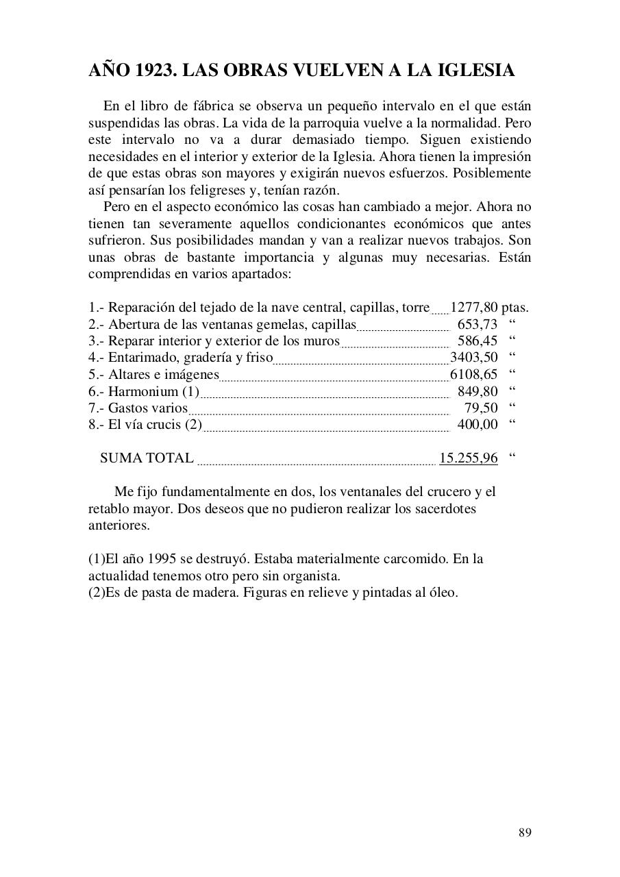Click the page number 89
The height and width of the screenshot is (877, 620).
tap(525, 832)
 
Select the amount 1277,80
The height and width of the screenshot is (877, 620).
tap(473, 308)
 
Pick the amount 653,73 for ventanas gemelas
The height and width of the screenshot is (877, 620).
tap(477, 324)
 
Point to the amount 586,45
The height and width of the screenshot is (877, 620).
tap(477, 341)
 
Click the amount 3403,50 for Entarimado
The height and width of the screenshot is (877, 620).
tap(473, 357)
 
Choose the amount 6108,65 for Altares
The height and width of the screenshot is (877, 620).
tap(473, 374)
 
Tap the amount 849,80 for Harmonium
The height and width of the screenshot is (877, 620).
tap(477, 391)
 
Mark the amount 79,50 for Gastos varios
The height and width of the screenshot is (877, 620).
tap(481, 408)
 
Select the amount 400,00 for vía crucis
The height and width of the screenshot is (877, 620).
tap(477, 424)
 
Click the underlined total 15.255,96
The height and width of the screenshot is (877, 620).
tap(468, 458)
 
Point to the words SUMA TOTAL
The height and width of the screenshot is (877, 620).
tap(147, 458)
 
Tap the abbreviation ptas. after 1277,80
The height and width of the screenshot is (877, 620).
tap(514, 308)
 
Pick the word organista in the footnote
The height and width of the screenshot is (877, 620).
tap(312, 576)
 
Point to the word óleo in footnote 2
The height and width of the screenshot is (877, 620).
tap(443, 592)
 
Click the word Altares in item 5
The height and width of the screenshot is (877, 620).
tap(130, 374)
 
